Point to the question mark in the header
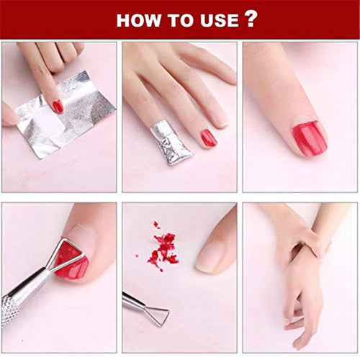(x=251, y=19)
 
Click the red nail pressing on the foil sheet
(x=58, y=106)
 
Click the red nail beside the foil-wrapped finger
(x=209, y=138)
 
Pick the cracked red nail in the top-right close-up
(x=309, y=138)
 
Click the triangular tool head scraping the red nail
(x=67, y=254)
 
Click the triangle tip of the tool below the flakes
(x=156, y=313)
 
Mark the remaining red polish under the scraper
(x=72, y=268)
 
